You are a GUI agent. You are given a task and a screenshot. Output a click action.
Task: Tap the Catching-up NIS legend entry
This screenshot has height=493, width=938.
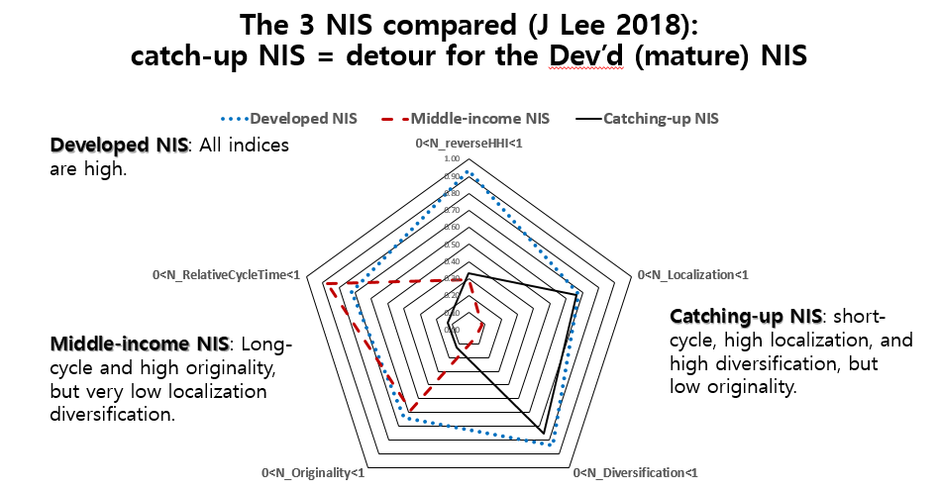(x=661, y=119)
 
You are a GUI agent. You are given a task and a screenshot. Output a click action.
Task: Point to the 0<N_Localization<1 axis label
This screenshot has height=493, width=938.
(x=692, y=274)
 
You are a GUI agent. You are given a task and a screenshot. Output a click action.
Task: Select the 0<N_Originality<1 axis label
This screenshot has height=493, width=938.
(x=313, y=472)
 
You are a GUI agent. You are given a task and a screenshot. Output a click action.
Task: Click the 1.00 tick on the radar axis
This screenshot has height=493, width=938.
(x=452, y=159)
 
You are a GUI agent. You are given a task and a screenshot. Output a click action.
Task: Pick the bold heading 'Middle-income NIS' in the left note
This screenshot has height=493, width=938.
(x=139, y=345)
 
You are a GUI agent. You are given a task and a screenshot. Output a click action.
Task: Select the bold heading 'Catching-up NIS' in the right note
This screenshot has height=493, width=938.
(x=746, y=317)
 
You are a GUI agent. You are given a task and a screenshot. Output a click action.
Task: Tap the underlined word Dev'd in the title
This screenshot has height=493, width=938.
(x=589, y=56)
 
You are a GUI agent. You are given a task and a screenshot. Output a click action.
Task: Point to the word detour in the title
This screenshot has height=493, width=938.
(x=390, y=56)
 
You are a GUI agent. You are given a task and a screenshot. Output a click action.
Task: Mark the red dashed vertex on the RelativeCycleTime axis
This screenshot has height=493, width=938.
(x=326, y=284)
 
